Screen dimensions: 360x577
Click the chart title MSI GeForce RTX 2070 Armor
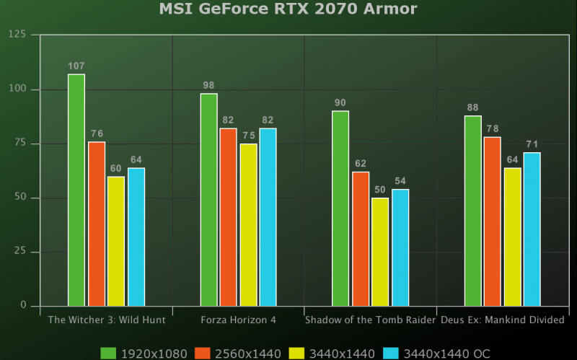(288, 9)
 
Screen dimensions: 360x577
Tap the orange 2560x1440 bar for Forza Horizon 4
(228, 216)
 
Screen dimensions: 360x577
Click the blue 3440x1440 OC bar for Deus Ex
(532, 229)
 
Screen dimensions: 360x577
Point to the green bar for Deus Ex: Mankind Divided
(473, 211)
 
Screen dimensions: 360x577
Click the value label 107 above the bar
(76, 66)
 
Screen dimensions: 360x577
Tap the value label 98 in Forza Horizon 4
(208, 86)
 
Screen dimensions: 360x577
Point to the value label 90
(340, 103)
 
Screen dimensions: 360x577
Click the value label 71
(532, 144)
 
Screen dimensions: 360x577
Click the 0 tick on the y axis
(24, 306)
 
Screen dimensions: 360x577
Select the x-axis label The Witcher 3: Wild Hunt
(107, 320)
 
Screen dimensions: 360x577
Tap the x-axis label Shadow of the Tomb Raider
(371, 320)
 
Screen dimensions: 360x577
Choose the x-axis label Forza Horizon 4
(238, 320)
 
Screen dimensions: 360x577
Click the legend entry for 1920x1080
(144, 353)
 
